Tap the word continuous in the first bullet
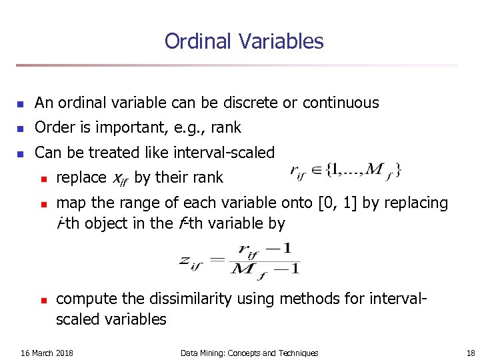(x=341, y=103)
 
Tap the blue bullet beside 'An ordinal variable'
(x=21, y=104)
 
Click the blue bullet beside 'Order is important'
(x=21, y=129)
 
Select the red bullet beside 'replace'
(x=43, y=178)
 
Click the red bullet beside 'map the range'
(x=43, y=203)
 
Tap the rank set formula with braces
(x=346, y=171)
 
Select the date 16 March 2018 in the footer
(x=47, y=353)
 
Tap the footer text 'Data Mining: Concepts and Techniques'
(x=249, y=353)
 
